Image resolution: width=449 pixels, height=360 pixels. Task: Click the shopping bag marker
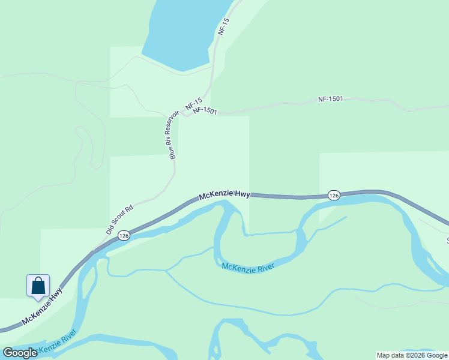38,286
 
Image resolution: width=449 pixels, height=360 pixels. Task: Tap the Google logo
19,353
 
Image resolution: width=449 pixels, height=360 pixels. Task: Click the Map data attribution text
412,355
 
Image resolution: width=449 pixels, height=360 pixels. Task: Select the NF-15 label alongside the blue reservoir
224,26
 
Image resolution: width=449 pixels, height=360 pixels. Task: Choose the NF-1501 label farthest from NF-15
330,98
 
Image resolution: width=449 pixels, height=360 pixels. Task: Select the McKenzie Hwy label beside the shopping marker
42,308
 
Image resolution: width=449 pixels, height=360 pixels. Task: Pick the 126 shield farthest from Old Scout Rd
334,195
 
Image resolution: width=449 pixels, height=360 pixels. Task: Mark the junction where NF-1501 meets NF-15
187,115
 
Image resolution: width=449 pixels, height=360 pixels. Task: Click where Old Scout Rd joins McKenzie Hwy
95,250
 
